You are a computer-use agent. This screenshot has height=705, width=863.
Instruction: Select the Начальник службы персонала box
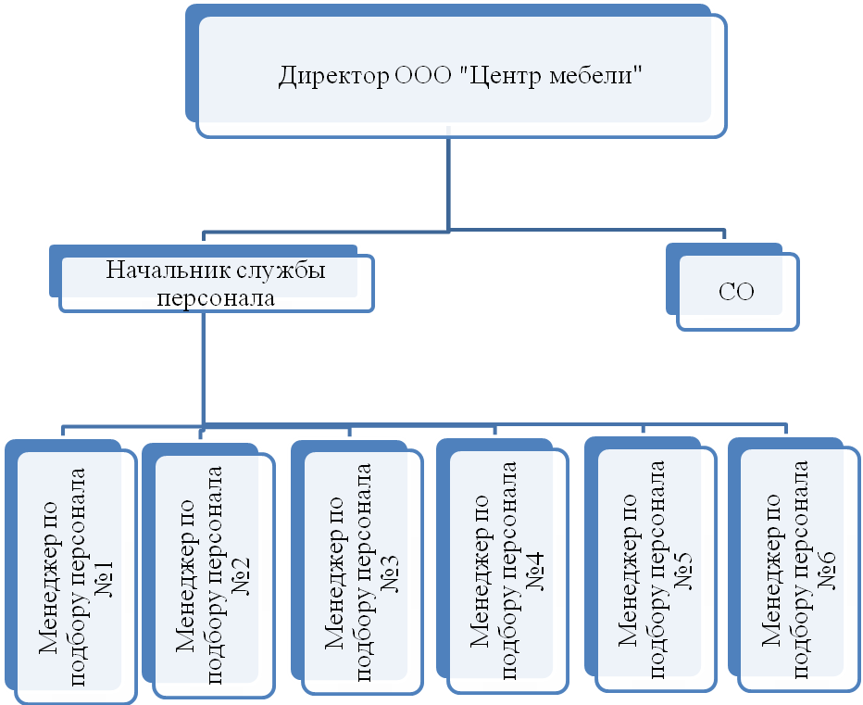pos(217,283)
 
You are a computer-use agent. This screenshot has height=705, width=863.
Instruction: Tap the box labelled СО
pos(737,293)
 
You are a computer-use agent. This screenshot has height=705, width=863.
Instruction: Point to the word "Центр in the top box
pos(496,76)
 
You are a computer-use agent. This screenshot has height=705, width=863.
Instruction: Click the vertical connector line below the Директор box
pos(449,182)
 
